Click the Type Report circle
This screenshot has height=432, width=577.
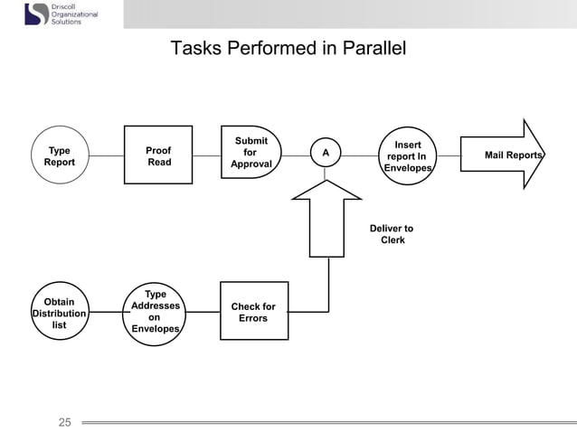[x=60, y=155]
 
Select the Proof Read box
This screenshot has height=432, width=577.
[x=158, y=155]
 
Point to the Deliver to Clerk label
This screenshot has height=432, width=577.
[x=392, y=234]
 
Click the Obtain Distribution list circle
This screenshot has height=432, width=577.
[x=60, y=313]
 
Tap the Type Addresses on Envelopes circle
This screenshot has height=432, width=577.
[x=156, y=313]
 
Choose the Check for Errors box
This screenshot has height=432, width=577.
[x=253, y=312]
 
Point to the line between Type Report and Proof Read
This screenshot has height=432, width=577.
[x=108, y=155]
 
